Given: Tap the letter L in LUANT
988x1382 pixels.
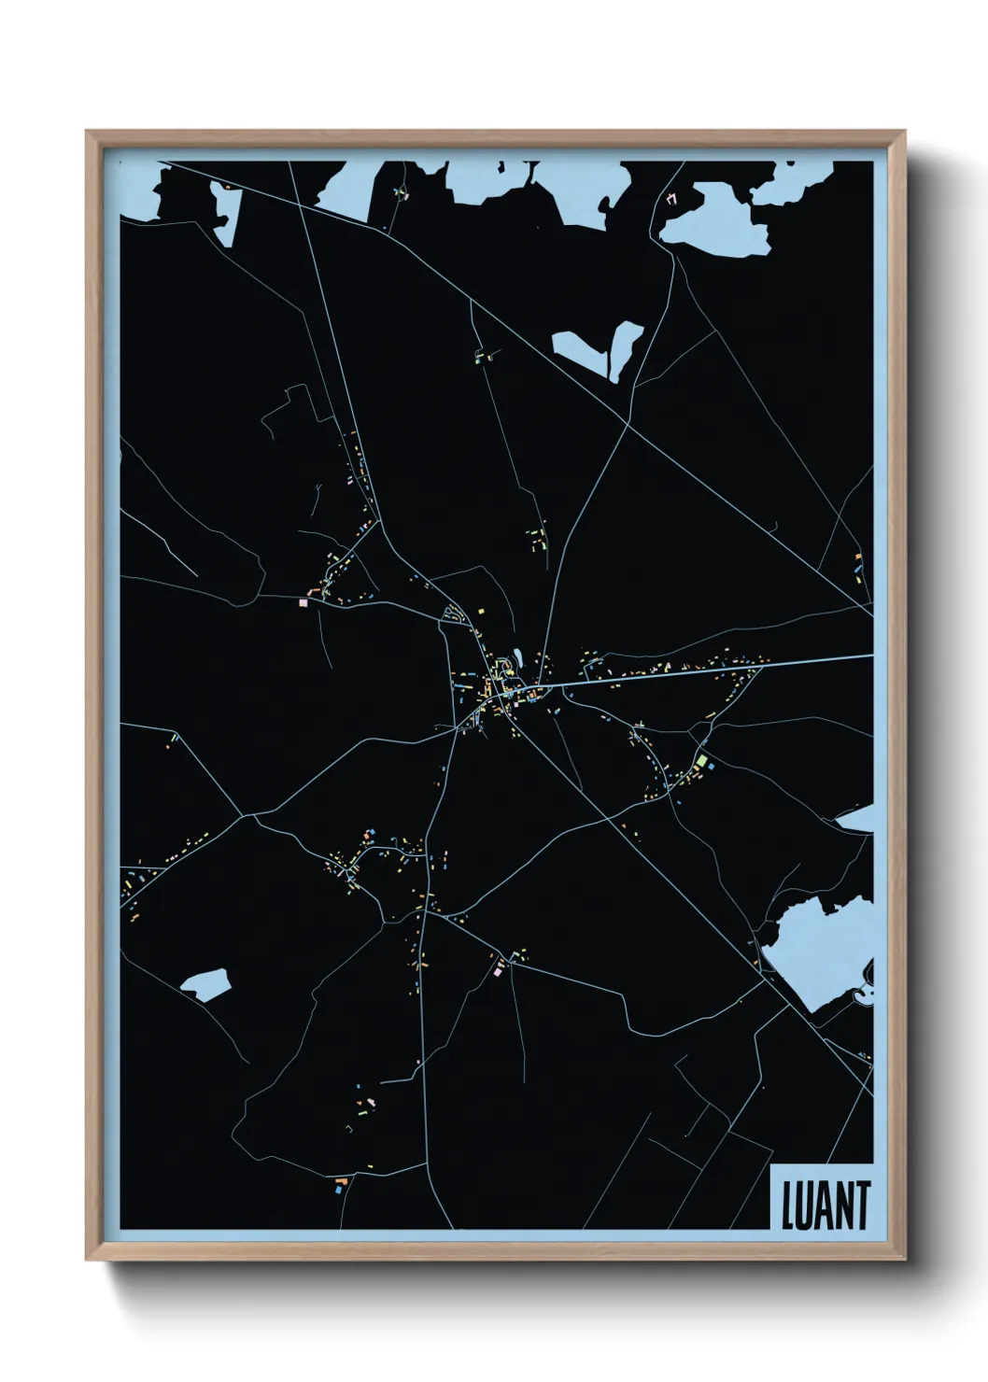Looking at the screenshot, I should [787, 1206].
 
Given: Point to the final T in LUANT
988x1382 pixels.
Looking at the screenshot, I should [861, 1206].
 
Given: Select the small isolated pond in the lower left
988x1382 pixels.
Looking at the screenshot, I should [205, 983].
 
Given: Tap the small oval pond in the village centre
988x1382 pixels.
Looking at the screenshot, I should [513, 665].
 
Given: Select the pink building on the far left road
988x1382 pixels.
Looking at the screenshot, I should [303, 603].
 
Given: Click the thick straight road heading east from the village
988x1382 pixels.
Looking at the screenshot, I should [710, 670].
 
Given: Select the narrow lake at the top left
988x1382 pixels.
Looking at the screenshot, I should [224, 213].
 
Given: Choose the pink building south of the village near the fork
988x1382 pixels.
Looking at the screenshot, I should [499, 971].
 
